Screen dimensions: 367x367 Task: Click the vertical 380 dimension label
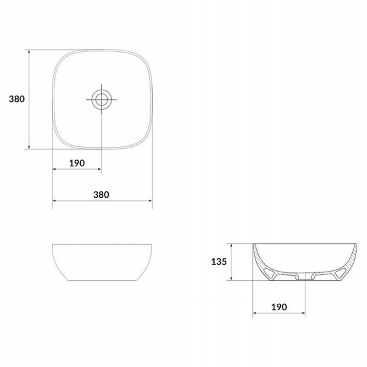tap(17, 99)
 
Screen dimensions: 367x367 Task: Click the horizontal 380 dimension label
tap(101, 195)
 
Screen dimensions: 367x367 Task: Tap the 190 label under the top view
tap(77, 163)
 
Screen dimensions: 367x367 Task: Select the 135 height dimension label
tap(219, 261)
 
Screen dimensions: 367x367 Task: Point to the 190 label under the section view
tap(279, 307)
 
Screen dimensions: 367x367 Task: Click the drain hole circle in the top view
tap(101, 100)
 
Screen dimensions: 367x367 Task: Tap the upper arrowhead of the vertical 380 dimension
tap(29, 52)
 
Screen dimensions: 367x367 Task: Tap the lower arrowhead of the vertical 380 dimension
tap(29, 146)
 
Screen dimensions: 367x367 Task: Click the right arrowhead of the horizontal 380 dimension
tap(150, 200)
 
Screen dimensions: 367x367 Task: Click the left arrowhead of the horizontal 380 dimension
tap(55, 200)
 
